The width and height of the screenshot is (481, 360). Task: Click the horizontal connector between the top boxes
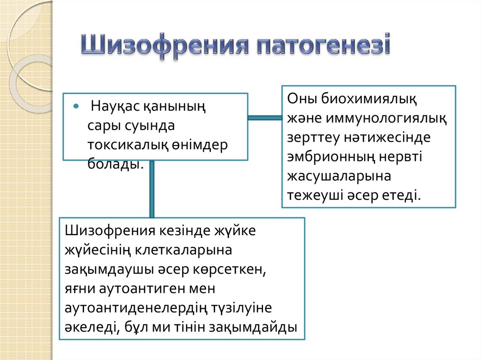[264, 118]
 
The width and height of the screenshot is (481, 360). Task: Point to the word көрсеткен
[237, 269]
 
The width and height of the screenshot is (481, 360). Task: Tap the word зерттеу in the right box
[313, 138]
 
